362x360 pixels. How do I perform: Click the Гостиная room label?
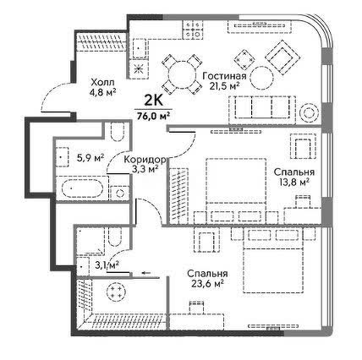tap(224, 76)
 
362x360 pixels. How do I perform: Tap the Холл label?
tap(103, 83)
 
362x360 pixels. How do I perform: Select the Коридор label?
tap(145, 160)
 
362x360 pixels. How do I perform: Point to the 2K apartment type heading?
tap(154, 101)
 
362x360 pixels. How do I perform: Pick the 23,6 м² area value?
tap(207, 284)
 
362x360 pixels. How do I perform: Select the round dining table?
tap(182, 75)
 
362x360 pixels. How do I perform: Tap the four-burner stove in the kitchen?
tap(193, 30)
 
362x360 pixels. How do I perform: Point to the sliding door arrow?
tap(145, 273)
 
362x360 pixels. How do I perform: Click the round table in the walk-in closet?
tap(116, 292)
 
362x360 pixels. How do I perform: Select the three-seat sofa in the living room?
tap(262, 111)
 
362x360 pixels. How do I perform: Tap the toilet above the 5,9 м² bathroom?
tap(118, 132)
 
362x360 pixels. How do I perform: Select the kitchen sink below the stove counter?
tap(138, 48)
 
